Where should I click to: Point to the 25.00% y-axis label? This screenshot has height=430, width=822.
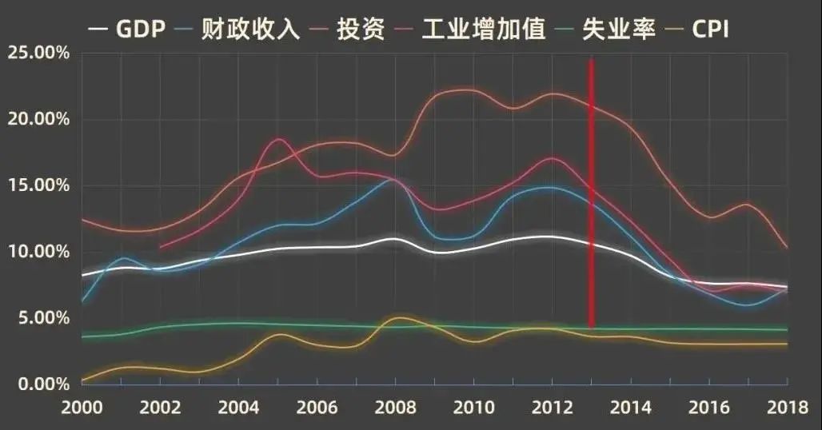coord(38,54)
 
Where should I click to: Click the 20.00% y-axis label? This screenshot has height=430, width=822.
coord(38,120)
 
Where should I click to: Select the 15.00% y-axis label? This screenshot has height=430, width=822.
coord(38,185)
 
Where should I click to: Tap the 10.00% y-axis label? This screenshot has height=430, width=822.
coord(38,252)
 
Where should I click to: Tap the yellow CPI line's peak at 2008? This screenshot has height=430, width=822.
coord(397,318)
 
